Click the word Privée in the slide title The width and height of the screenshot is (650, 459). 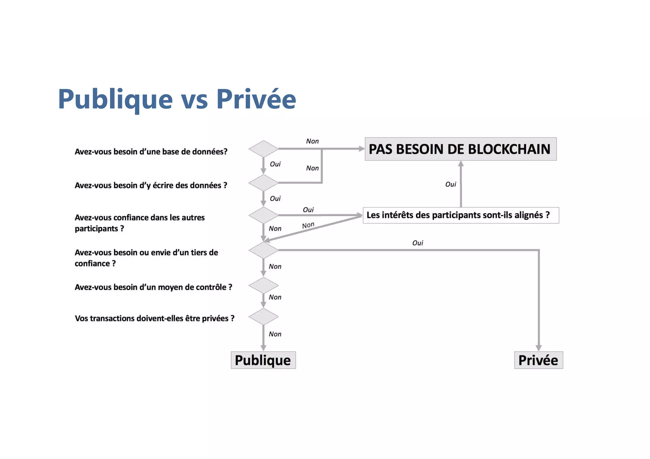256,99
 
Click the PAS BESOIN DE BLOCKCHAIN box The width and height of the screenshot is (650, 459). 460,149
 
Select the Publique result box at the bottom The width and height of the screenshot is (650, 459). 263,360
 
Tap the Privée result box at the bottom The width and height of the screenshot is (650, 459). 538,360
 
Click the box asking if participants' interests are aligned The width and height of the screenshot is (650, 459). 461,215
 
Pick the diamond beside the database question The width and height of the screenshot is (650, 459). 263,149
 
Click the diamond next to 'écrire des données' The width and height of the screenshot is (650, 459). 263,183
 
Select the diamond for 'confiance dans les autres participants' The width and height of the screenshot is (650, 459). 263,215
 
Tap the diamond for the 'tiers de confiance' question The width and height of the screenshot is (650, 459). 263,250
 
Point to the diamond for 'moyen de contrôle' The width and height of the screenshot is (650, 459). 263,285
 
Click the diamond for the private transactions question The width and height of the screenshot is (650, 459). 263,317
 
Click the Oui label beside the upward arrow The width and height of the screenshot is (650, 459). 450,184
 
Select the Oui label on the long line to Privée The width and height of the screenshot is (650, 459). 417,243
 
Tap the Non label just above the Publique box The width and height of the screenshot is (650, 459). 275,334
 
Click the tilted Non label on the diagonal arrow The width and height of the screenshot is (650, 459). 308,225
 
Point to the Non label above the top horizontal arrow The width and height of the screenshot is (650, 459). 312,141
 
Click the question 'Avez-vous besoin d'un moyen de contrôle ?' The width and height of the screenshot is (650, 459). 153,287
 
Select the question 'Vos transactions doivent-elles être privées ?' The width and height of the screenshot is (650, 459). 154,318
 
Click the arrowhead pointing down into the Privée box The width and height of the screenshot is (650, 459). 538,348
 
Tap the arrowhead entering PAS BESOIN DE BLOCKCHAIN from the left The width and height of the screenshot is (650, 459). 361,149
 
